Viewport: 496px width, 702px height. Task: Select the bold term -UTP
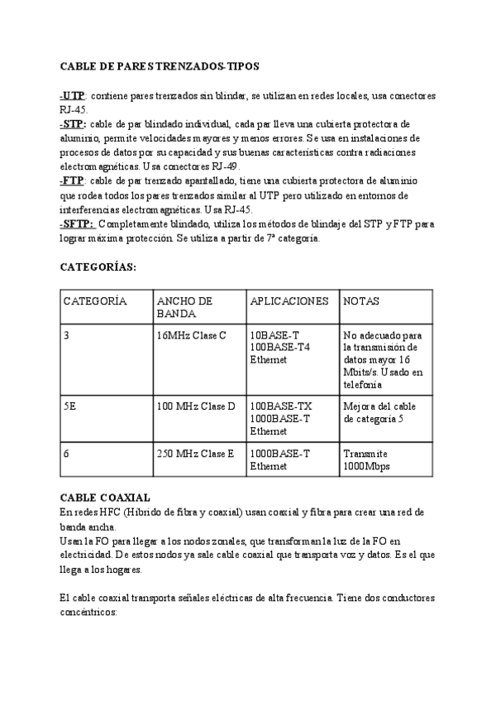[73, 96]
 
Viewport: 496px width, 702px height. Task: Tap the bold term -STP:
[74, 123]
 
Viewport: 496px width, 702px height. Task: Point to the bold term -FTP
[73, 180]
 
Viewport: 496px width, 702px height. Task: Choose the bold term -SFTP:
[77, 224]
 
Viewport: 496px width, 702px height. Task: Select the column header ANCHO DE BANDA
[184, 307]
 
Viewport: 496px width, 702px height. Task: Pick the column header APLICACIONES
[289, 301]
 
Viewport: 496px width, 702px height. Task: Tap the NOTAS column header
[361, 301]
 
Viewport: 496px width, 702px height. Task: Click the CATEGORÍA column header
[94, 301]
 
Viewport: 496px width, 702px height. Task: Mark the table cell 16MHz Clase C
[190, 335]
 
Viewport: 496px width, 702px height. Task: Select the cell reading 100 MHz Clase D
[196, 406]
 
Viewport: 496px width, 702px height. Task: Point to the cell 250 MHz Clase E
[195, 454]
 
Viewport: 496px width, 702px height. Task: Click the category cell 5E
[70, 406]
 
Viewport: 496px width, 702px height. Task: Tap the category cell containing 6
[66, 454]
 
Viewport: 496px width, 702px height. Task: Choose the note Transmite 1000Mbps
[367, 460]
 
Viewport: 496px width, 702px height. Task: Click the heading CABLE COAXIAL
[104, 498]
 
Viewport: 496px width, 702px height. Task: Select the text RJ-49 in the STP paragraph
[222, 166]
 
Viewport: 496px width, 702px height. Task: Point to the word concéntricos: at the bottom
[89, 613]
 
